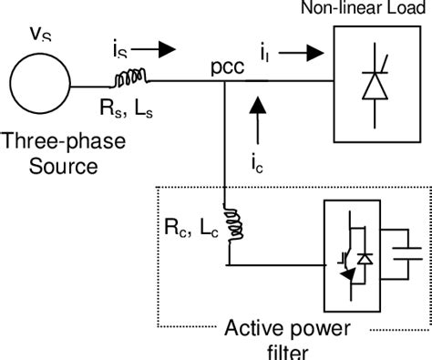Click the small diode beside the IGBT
click(x=365, y=261)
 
